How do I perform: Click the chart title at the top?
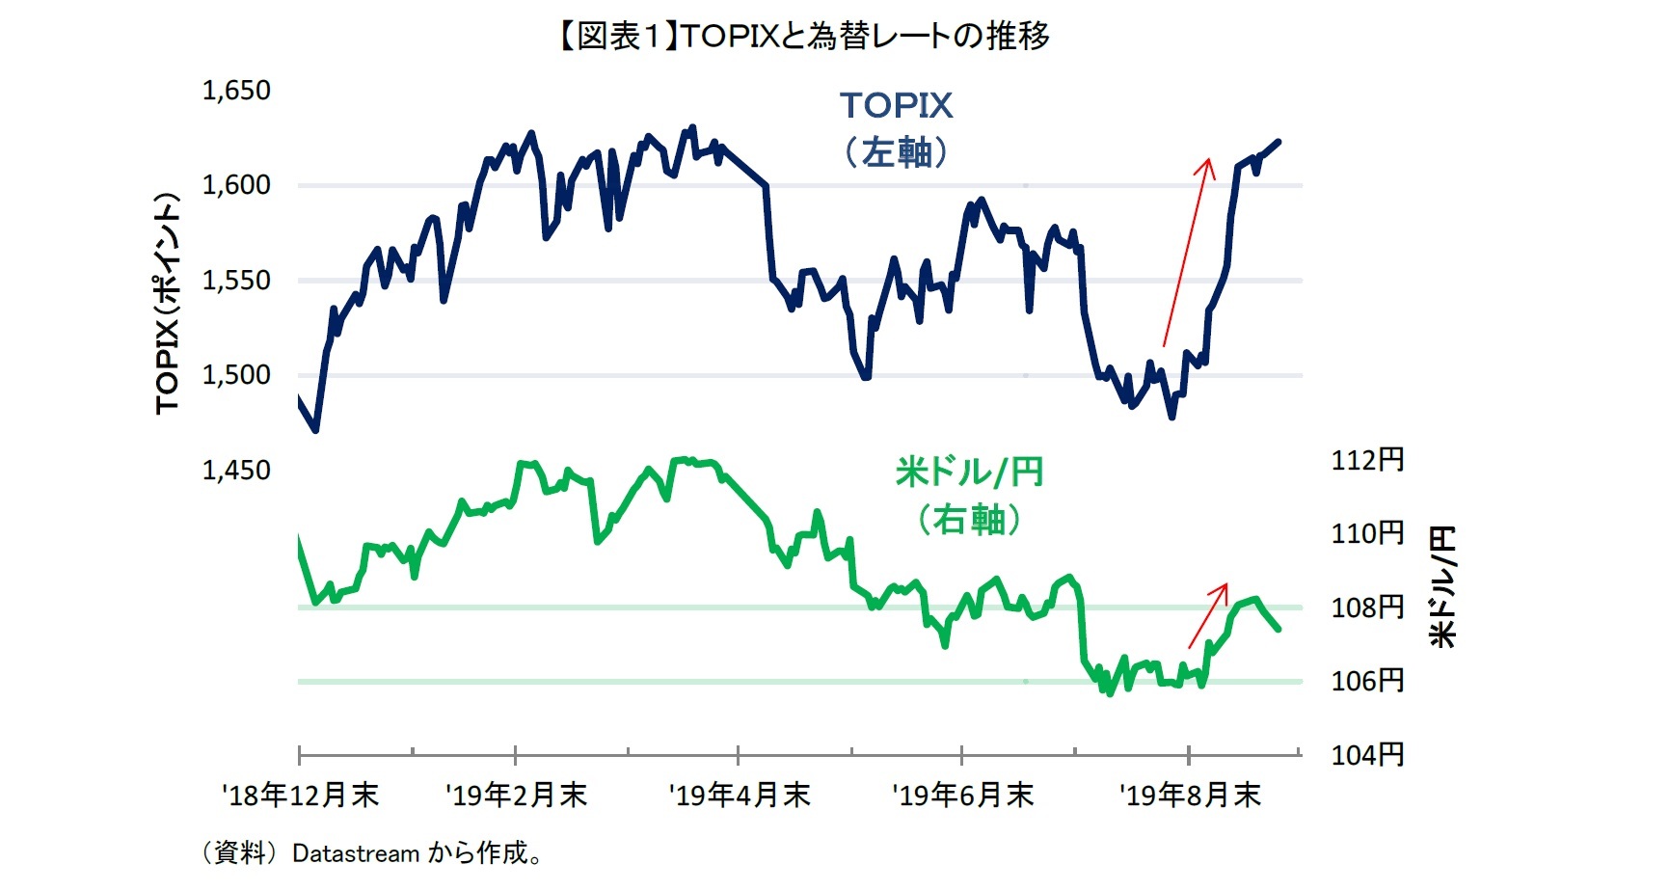(x=803, y=37)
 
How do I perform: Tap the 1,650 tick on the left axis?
(x=235, y=91)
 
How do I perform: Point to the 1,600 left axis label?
(x=235, y=185)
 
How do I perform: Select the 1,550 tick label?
(x=235, y=281)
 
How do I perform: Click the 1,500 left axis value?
(x=235, y=375)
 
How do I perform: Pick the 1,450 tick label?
(x=235, y=471)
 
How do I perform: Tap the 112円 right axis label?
(x=1366, y=460)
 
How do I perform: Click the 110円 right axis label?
(x=1366, y=533)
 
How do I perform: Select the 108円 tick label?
(x=1366, y=607)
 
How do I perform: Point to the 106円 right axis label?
(x=1366, y=681)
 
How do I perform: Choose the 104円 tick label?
(x=1366, y=754)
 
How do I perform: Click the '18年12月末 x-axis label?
(x=300, y=796)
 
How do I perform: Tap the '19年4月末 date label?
(x=739, y=796)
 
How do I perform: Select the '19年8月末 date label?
(x=1189, y=796)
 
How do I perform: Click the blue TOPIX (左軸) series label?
(x=896, y=128)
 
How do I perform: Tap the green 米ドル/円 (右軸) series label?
(x=968, y=496)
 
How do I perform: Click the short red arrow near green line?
(x=1207, y=615)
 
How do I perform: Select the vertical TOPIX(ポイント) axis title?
(x=168, y=304)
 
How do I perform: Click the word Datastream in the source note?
(x=356, y=854)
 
